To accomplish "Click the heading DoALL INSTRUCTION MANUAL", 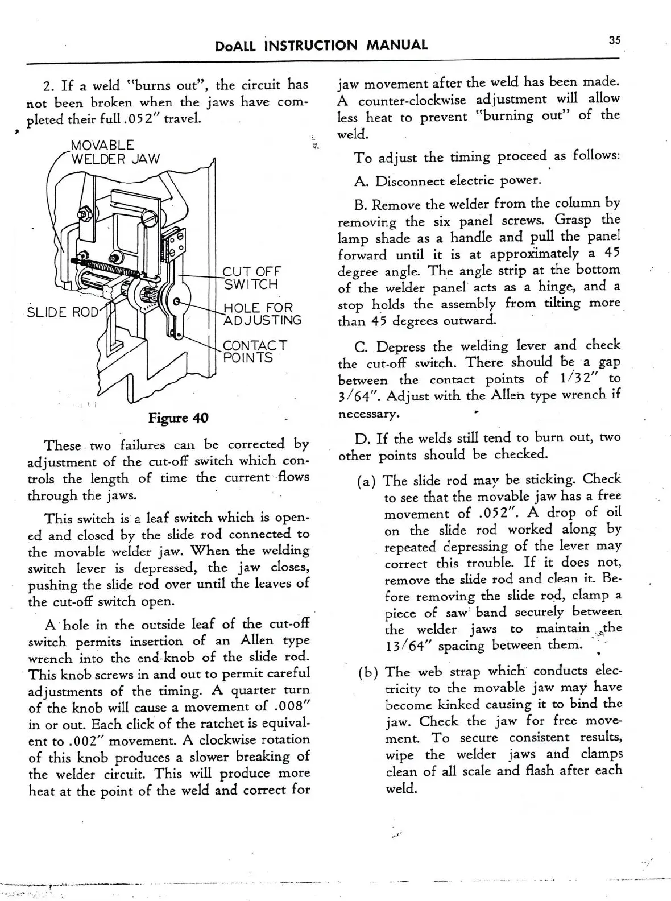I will (322, 45).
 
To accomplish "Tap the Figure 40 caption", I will (178, 418).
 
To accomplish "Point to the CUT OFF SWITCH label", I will (251, 278).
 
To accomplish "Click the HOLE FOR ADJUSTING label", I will (262, 314).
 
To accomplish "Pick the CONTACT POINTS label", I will (255, 352).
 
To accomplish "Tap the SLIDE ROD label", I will (63, 312).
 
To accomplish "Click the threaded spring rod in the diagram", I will (108, 266).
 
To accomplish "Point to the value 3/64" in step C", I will (355, 395).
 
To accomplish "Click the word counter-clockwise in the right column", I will (412, 100).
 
